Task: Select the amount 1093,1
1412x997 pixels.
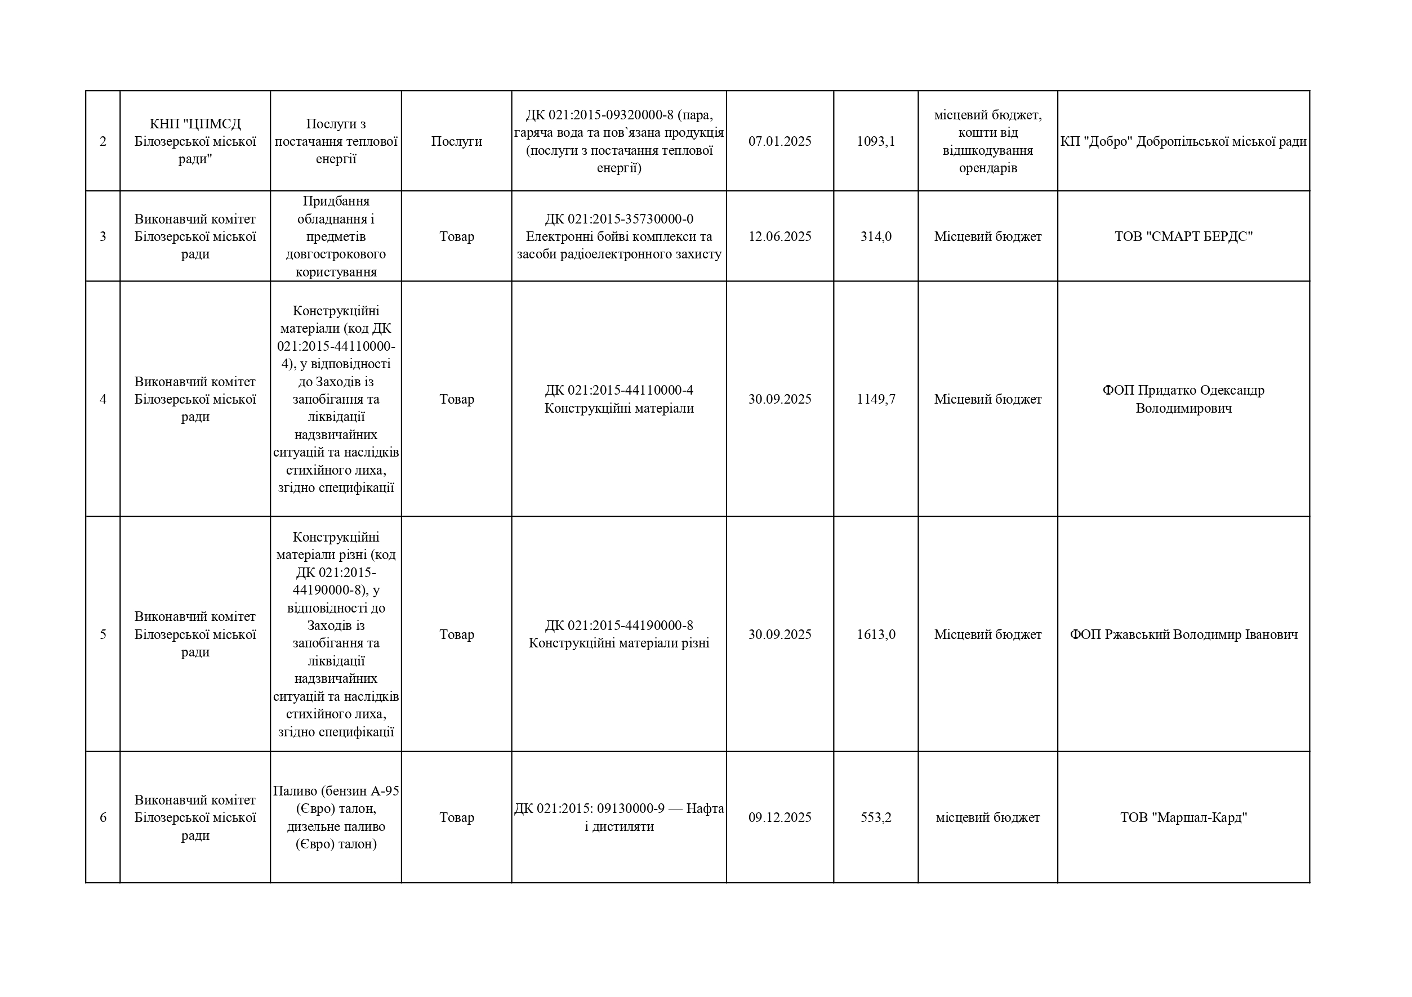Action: pyautogui.click(x=875, y=141)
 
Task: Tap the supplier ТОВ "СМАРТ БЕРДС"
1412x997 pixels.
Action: pyautogui.click(x=1183, y=236)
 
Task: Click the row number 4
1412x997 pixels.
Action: pyautogui.click(x=103, y=399)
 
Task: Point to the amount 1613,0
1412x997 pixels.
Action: pyautogui.click(x=875, y=634)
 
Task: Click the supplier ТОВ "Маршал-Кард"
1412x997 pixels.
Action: pyautogui.click(x=1183, y=817)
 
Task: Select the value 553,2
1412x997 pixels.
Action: pyautogui.click(x=875, y=817)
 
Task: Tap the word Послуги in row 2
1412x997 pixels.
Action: pyautogui.click(x=456, y=141)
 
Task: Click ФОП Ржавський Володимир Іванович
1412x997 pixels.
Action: pyautogui.click(x=1183, y=634)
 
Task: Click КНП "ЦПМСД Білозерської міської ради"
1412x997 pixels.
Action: pyautogui.click(x=195, y=141)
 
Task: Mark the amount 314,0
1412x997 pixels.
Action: pyautogui.click(x=875, y=236)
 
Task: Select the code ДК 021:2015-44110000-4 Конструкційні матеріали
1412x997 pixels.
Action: pyautogui.click(x=618, y=399)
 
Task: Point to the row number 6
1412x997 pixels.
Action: pyautogui.click(x=103, y=817)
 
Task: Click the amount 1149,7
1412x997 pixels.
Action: pyautogui.click(x=875, y=399)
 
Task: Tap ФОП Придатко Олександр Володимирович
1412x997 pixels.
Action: pyautogui.click(x=1183, y=399)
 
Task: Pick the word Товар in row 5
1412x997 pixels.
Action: pyautogui.click(x=456, y=634)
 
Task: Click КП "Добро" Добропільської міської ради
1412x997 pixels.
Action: pyautogui.click(x=1183, y=141)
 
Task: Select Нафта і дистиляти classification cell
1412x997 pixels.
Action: pyautogui.click(x=618, y=817)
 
